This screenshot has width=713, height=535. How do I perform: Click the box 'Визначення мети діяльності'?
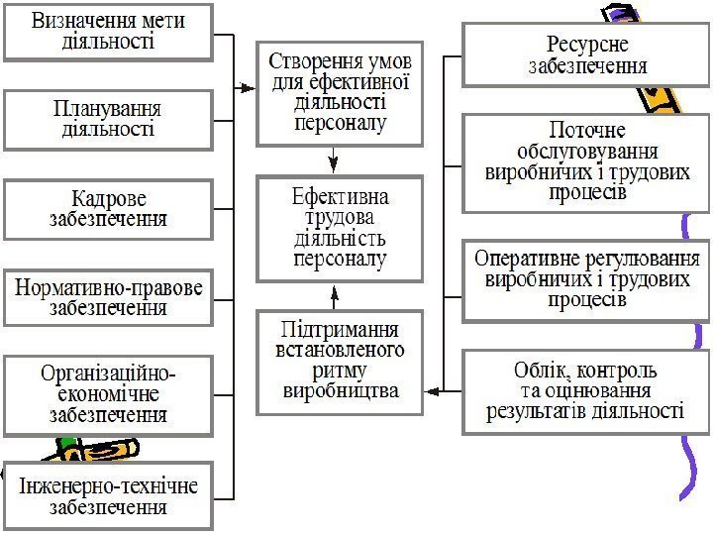pos(109,31)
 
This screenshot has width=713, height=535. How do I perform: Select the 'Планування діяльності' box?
pos(109,119)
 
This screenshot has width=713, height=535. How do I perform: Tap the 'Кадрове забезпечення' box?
pos(109,209)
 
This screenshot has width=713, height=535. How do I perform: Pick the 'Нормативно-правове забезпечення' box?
pos(109,297)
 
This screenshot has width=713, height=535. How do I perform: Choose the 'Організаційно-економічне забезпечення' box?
pos(109,395)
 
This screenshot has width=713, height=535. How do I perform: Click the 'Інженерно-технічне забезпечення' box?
pos(109,496)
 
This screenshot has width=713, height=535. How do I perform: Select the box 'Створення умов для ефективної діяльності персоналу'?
pos(341,92)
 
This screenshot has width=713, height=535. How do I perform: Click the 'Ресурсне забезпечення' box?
pos(586,55)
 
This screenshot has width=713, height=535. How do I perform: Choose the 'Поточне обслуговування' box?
pos(586,161)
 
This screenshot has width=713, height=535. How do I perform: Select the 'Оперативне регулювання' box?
pos(586,278)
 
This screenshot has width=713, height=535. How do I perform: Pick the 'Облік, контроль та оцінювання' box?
pos(586,390)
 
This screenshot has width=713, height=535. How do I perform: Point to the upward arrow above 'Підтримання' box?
pos(335,294)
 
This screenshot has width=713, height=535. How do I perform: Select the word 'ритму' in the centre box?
pos(341,370)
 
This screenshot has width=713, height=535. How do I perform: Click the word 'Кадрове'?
pos(109,199)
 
